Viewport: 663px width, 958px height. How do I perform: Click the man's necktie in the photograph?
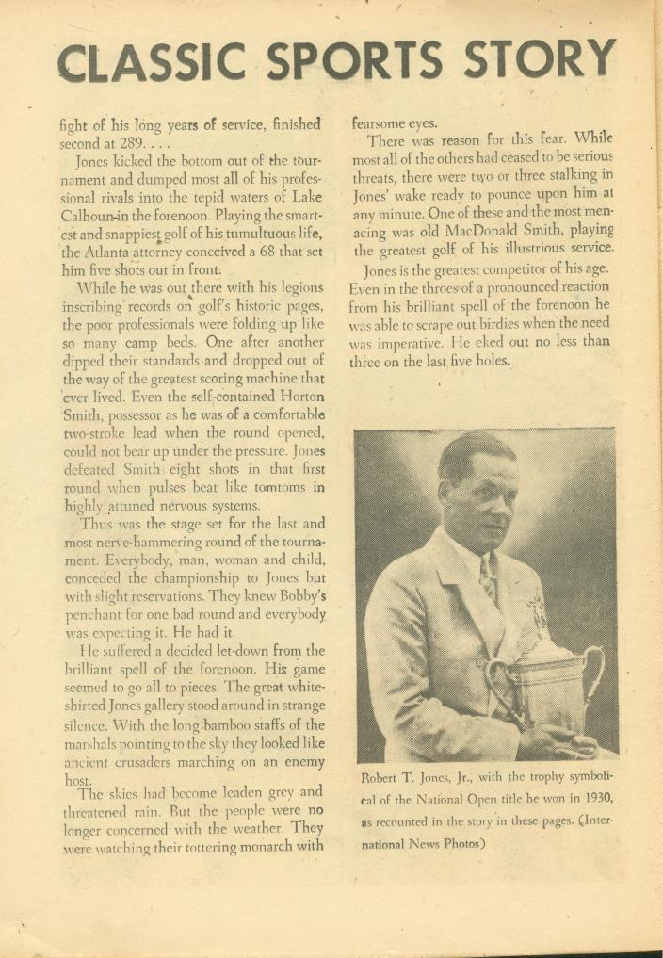[x=489, y=576]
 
